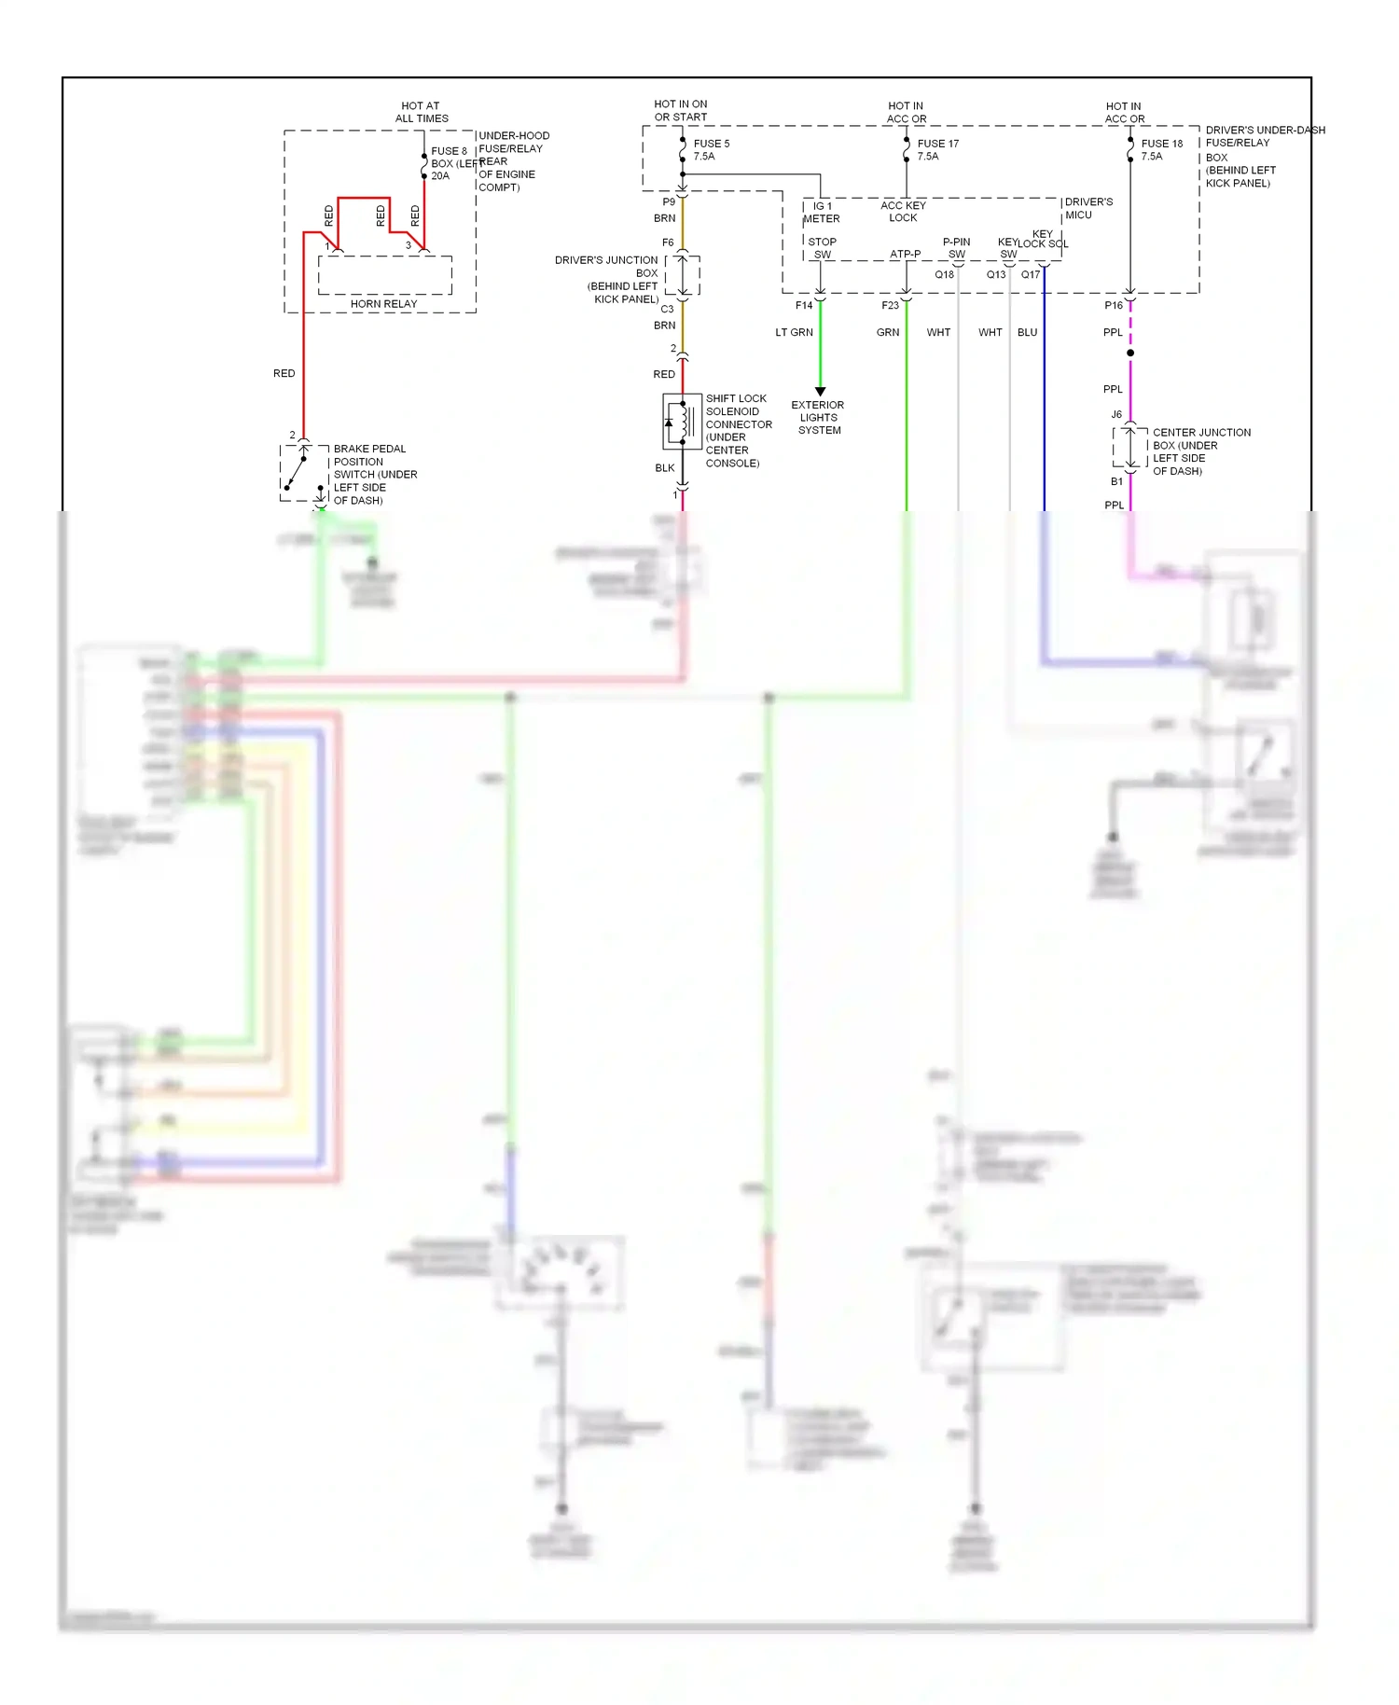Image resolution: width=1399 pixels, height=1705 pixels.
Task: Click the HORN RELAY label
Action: tap(383, 304)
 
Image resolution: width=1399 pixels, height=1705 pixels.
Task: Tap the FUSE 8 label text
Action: tap(449, 151)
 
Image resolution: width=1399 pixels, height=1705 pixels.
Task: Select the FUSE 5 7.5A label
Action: tap(711, 150)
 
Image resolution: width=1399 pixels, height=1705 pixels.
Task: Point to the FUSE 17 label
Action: tap(937, 144)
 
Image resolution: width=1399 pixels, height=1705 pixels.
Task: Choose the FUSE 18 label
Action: tap(1161, 144)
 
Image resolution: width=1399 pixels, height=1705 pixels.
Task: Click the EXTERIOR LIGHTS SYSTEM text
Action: tap(818, 418)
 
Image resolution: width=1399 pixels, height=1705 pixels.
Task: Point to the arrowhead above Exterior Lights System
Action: tap(820, 392)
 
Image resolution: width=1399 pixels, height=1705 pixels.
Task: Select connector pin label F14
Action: tap(803, 305)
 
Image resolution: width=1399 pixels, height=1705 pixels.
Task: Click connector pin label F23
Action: tap(890, 305)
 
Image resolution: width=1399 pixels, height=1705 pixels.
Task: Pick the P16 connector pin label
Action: tap(1114, 305)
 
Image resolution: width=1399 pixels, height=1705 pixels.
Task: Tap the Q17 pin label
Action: tap(1030, 275)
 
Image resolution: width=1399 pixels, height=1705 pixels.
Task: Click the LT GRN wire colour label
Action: tap(794, 332)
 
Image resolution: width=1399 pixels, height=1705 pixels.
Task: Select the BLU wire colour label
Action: tap(1027, 332)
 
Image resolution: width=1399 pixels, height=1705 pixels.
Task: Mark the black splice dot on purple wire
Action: tap(1130, 353)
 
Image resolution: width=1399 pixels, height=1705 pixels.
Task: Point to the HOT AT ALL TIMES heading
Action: tap(422, 112)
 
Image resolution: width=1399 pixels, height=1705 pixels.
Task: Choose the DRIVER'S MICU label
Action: tap(1087, 208)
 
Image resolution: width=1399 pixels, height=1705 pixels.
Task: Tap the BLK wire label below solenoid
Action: tap(664, 468)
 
